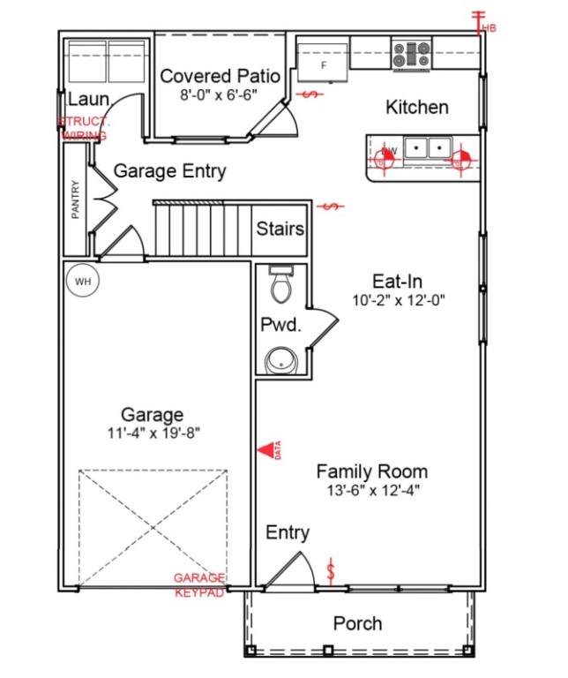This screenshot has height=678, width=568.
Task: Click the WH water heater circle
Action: [x=83, y=281]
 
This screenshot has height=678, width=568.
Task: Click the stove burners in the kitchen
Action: [x=411, y=53]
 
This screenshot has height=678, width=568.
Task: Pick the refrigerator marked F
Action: [x=323, y=60]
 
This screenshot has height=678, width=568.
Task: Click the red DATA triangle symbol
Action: [x=265, y=450]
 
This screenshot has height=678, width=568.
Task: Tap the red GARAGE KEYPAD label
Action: [x=198, y=584]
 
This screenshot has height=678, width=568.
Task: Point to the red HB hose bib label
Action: [x=487, y=26]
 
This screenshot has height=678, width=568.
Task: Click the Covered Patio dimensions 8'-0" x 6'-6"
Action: [x=219, y=94]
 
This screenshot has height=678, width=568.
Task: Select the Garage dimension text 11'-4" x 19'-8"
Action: [x=153, y=433]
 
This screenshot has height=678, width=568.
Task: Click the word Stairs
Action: [x=280, y=229]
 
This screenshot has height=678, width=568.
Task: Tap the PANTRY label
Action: [x=76, y=200]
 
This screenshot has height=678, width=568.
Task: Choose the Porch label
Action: [x=357, y=623]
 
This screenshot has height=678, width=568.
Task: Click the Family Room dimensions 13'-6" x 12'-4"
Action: [x=371, y=490]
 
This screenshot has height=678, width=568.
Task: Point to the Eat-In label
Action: [x=397, y=281]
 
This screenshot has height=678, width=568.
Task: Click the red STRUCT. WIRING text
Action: [x=83, y=129]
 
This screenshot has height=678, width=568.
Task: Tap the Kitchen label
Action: [x=417, y=107]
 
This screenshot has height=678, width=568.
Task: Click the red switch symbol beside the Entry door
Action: [x=332, y=569]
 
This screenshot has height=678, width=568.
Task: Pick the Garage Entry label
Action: [x=169, y=171]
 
